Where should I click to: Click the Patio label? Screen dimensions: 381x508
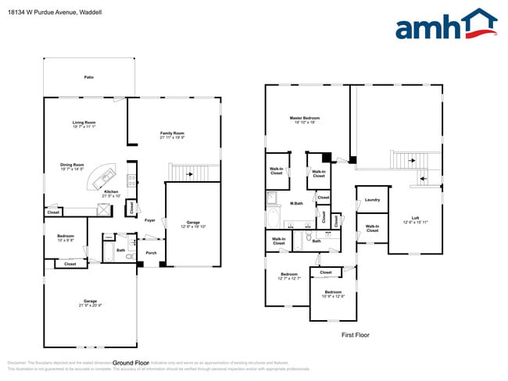click(88, 77)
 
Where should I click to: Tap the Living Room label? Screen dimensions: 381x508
click(84, 123)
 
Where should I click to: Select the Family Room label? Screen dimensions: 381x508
click(172, 134)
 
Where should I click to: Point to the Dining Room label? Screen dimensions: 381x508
click(72, 166)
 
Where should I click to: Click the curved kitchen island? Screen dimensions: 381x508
click(104, 178)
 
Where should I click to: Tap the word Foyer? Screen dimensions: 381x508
click(149, 221)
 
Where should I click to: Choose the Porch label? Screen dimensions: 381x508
click(151, 252)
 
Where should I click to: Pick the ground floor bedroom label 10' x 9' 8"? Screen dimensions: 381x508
click(65, 237)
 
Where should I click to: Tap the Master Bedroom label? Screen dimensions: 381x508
click(306, 119)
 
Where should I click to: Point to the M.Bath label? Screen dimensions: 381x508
click(297, 204)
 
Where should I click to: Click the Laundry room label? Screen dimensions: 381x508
click(372, 200)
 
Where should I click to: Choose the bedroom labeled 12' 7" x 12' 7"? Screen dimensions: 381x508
click(289, 276)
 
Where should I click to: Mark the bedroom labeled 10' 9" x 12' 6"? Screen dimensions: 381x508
click(333, 294)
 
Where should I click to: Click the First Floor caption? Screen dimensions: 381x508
click(355, 335)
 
